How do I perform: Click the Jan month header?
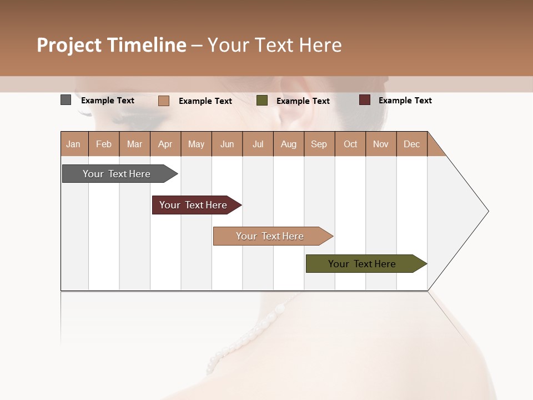click(74, 144)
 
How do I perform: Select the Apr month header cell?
click(165, 144)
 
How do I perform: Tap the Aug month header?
click(289, 144)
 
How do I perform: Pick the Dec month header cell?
click(412, 144)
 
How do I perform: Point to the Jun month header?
click(227, 144)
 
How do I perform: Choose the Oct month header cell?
click(350, 144)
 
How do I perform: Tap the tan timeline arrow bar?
click(270, 236)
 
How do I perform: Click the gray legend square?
click(66, 100)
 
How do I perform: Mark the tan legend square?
click(163, 101)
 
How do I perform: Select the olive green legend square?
click(262, 101)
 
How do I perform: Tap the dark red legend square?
click(364, 100)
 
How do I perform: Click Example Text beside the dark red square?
click(405, 101)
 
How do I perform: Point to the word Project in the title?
click(69, 45)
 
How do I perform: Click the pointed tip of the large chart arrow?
click(487, 211)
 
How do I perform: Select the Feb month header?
click(104, 144)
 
